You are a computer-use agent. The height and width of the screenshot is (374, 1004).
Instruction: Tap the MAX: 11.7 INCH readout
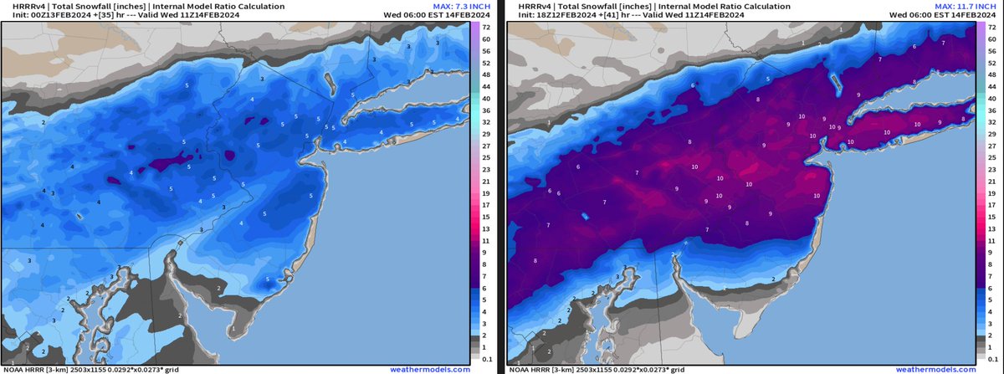960,5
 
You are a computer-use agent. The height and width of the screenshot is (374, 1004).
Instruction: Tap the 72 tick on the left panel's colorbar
484,28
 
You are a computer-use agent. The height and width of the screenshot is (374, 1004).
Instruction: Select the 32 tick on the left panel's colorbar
484,121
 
